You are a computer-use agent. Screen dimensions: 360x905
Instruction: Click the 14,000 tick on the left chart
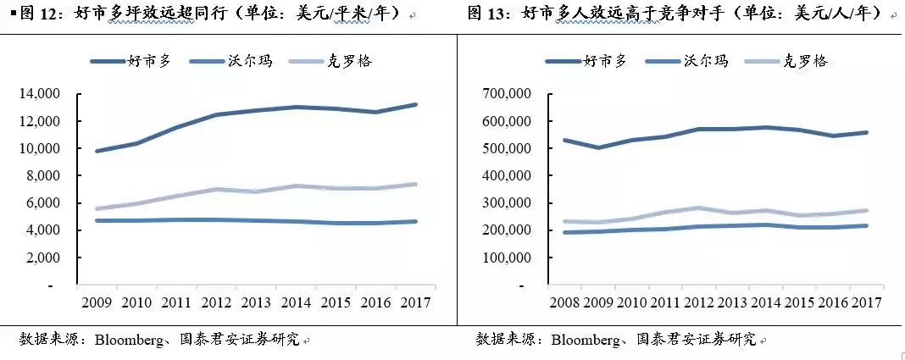coord(39,94)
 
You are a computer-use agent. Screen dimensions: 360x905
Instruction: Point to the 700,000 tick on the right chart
coord(506,94)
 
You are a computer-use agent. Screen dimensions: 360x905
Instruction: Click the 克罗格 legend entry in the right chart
coord(803,62)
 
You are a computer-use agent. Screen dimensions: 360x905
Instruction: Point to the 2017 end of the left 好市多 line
coord(416,104)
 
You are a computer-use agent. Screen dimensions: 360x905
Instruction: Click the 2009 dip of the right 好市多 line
coord(597,147)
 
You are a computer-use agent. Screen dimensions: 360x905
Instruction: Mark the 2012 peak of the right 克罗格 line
coord(698,208)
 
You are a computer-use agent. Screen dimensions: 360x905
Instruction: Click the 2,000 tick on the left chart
coord(42,258)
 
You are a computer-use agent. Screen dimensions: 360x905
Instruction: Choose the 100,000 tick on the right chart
coord(506,258)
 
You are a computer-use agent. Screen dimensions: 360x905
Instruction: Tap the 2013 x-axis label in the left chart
coord(256,302)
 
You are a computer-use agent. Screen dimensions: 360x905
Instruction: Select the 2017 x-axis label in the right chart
coord(866,302)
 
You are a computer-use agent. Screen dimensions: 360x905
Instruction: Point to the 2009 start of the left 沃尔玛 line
coord(97,220)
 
